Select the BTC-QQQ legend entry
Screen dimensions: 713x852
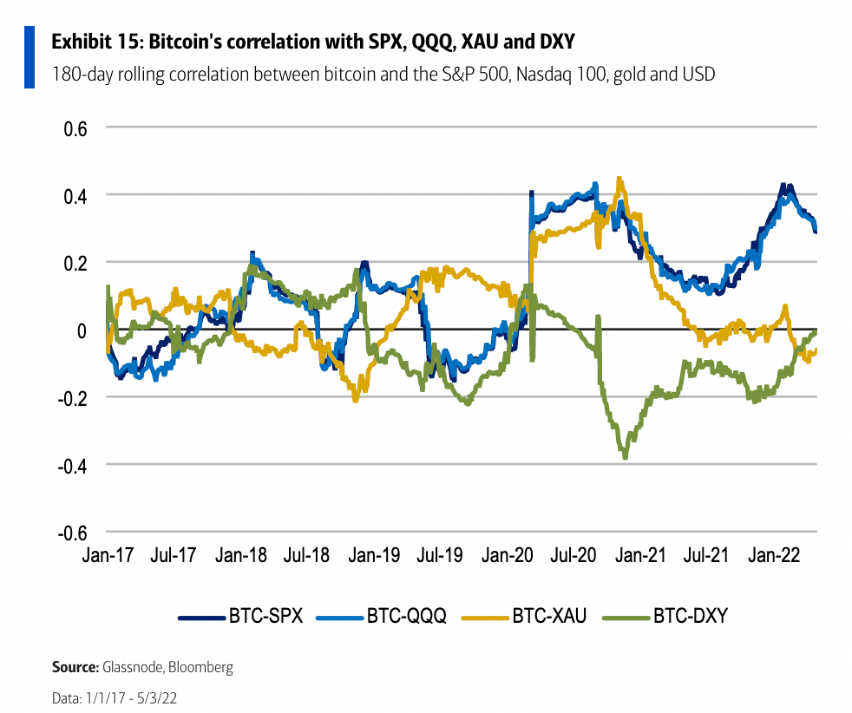coord(382,617)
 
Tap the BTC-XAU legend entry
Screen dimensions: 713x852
coord(525,617)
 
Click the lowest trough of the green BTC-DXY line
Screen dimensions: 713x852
coord(625,456)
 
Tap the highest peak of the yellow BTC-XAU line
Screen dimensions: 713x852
coord(619,180)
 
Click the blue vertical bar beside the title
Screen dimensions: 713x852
coord(29,56)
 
